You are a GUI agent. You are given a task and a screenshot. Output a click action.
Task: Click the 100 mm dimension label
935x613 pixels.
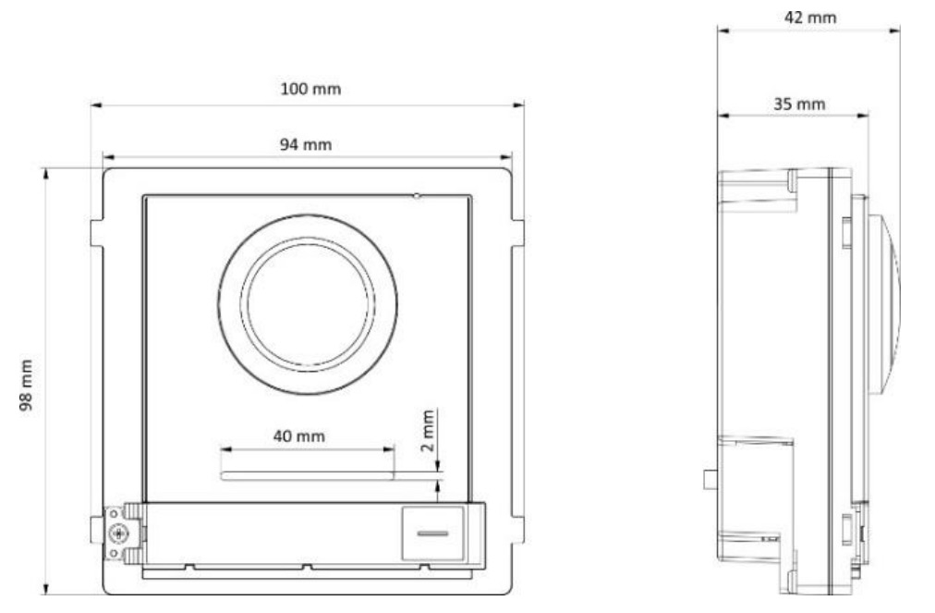click(310, 89)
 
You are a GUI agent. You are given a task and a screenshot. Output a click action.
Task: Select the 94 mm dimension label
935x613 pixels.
click(305, 144)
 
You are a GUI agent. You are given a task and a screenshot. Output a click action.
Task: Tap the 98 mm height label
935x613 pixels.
click(26, 385)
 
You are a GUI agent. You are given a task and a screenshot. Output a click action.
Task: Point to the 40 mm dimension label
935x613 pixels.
click(299, 436)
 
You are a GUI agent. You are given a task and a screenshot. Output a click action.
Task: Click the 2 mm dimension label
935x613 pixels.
click(428, 430)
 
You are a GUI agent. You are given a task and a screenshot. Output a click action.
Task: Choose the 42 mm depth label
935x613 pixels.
click(809, 18)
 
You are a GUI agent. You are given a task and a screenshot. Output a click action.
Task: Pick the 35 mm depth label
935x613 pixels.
click(799, 104)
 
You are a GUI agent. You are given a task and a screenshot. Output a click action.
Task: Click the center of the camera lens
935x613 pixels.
click(308, 304)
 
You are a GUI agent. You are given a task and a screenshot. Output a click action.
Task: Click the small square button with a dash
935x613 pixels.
click(433, 533)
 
